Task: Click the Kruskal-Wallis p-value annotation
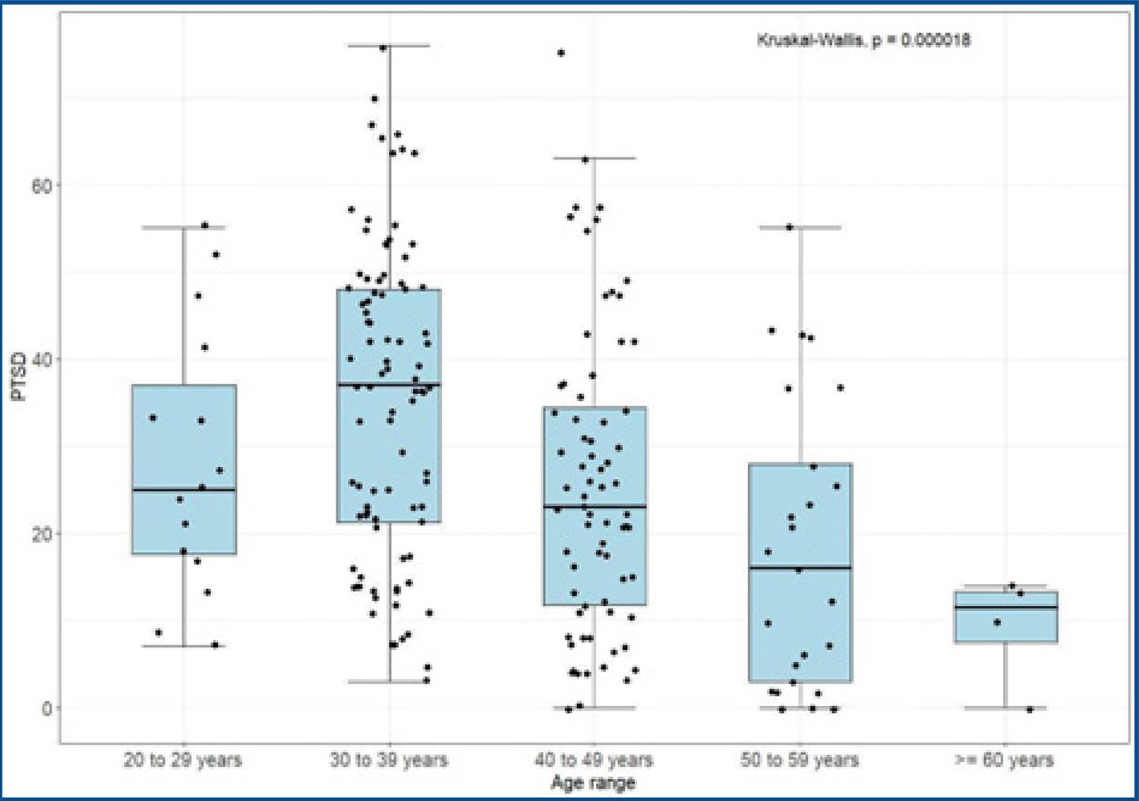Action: pos(863,39)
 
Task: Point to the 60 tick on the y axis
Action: pos(42,186)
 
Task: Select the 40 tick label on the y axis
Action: pos(42,359)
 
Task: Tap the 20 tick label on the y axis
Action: pos(42,534)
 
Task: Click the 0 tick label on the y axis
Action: pos(47,708)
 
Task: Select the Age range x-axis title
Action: pos(593,783)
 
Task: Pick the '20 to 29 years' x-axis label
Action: pos(183,759)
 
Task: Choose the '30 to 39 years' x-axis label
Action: pos(389,759)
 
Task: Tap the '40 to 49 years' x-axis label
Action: pos(594,759)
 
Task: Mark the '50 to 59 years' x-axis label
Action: pos(800,759)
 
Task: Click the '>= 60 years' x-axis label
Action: pos(1005,759)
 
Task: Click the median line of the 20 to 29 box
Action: pos(184,490)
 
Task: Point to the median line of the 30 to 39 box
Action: pos(389,385)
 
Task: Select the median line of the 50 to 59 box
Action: pos(800,568)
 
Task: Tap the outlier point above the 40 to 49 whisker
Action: pos(561,53)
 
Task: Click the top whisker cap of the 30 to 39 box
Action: pos(389,46)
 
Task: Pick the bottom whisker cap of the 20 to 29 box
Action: pos(184,646)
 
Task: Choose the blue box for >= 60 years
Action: pos(1005,617)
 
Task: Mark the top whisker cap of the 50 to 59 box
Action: pos(800,227)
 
